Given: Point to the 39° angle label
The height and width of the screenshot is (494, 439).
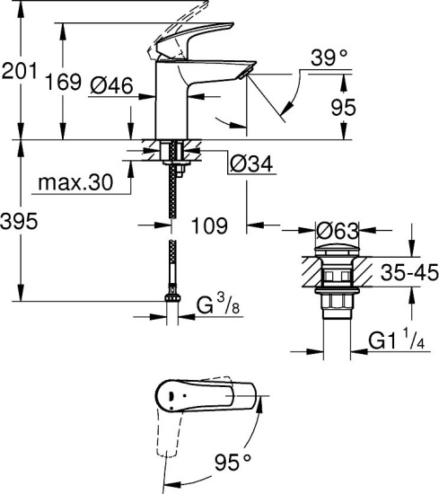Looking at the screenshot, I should [329, 58].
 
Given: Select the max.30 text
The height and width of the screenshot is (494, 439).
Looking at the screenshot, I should [75, 183].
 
